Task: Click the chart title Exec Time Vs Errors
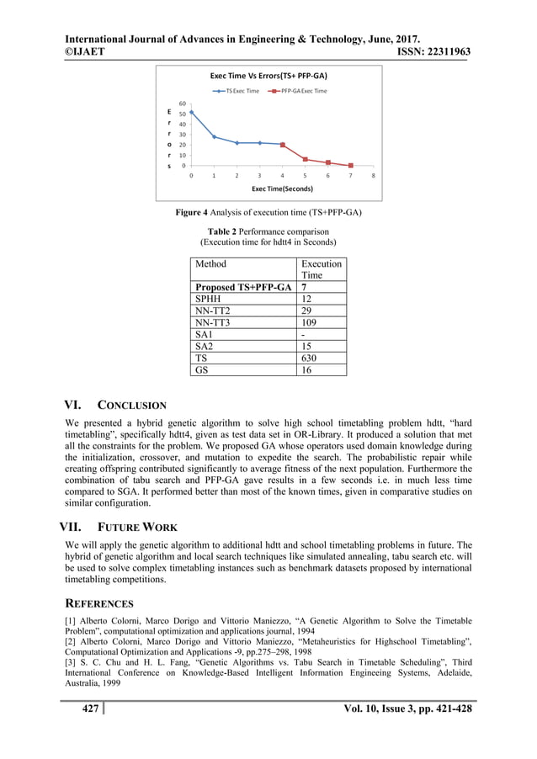click(268, 75)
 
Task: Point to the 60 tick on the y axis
click(182, 103)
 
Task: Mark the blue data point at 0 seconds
click(191, 112)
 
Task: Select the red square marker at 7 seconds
click(350, 166)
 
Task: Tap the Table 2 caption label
click(227, 231)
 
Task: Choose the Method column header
click(210, 263)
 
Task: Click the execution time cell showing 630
click(311, 357)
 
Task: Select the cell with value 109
click(311, 321)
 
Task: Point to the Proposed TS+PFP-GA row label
click(243, 287)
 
